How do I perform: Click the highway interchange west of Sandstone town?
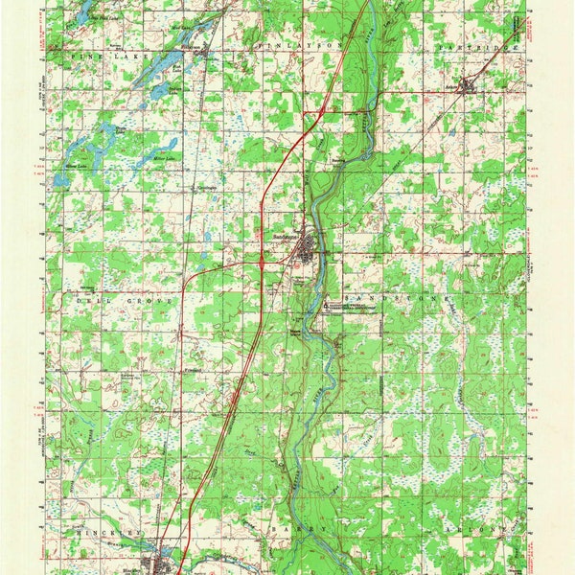[x=262, y=260]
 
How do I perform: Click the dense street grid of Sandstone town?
[x=305, y=254]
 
